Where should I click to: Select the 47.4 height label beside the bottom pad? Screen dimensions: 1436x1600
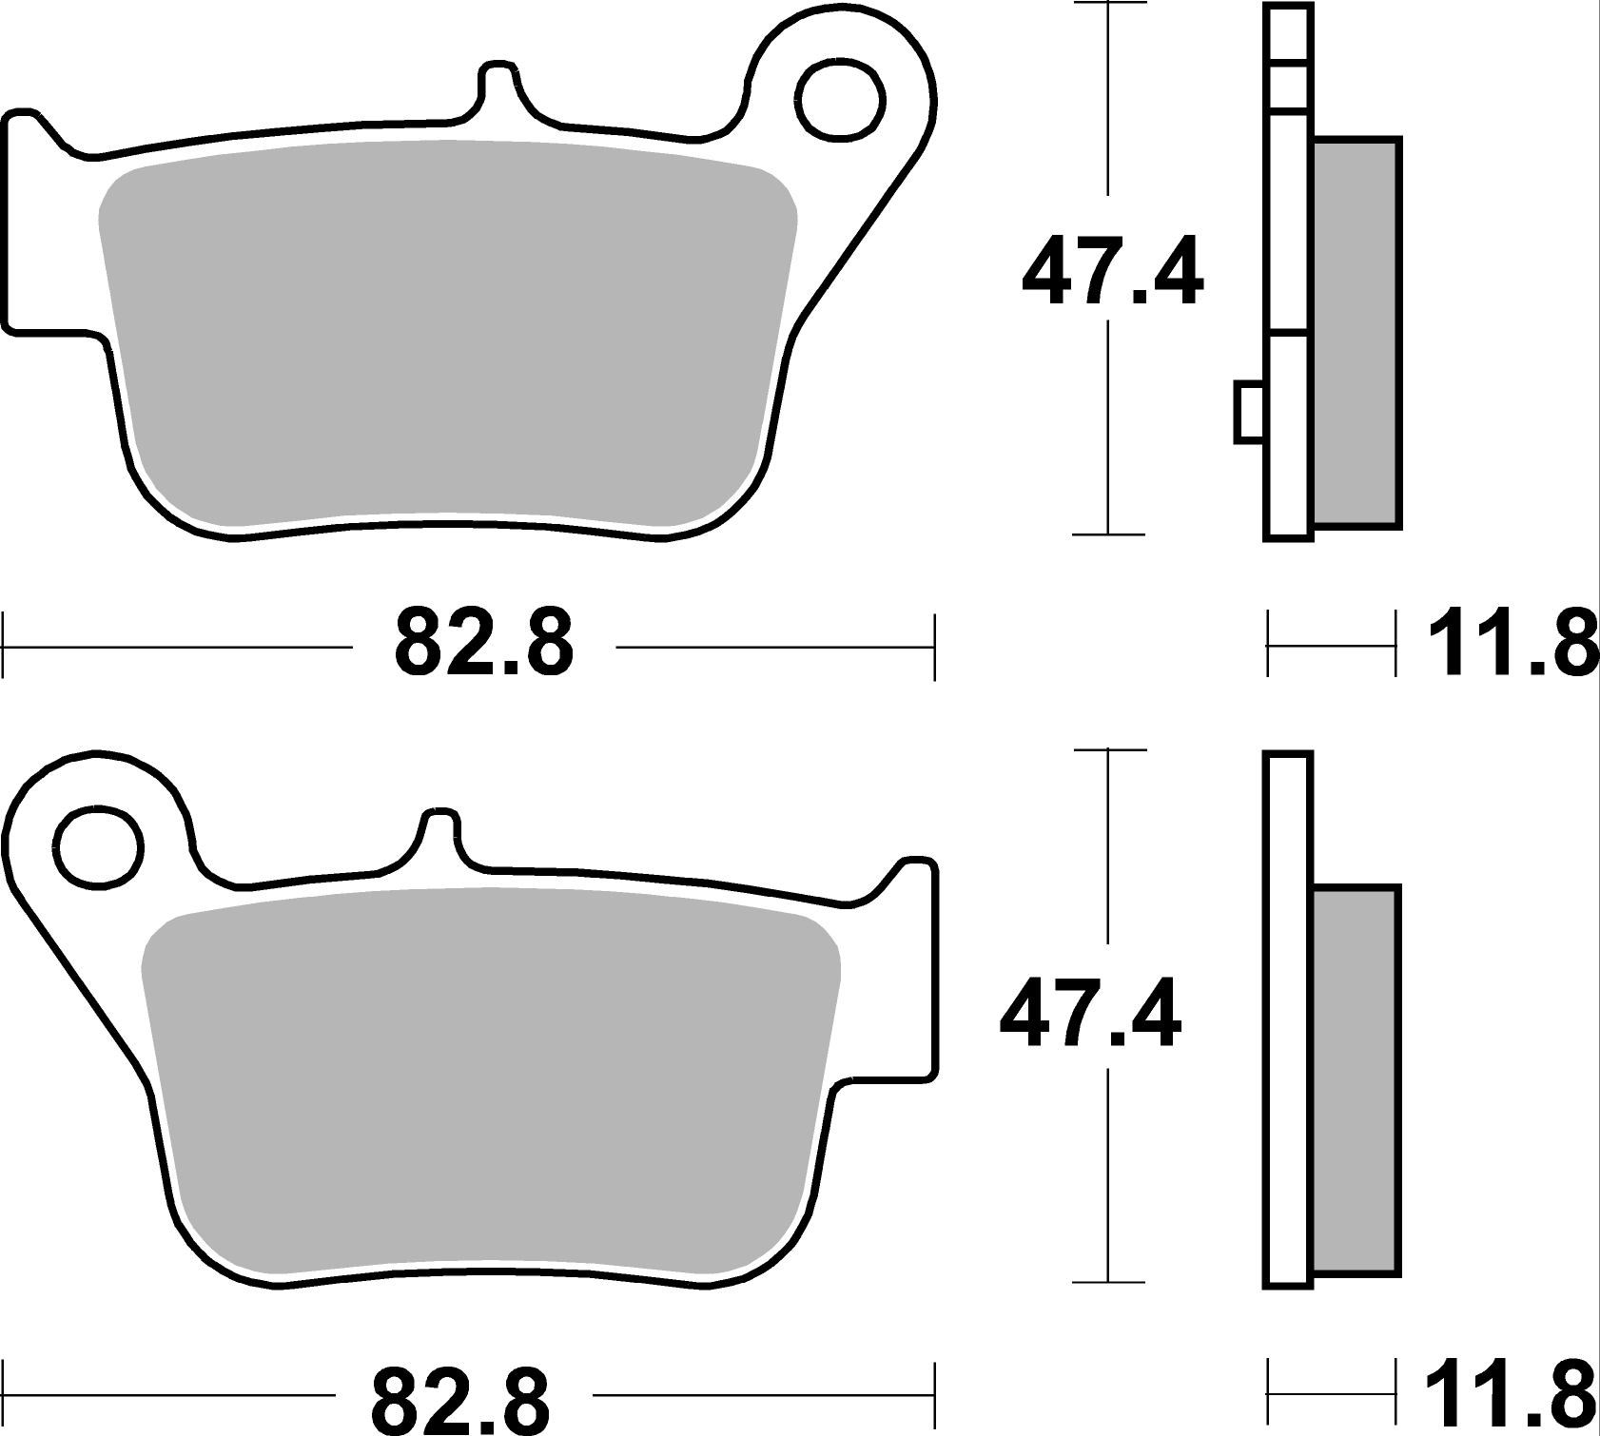(x=1090, y=1016)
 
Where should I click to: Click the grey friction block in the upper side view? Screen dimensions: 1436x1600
(x=1356, y=333)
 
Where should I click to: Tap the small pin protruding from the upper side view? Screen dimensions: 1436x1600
(x=1249, y=412)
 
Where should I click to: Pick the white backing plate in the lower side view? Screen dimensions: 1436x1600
(x=1288, y=1018)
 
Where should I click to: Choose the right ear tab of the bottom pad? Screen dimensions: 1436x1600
(x=908, y=970)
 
